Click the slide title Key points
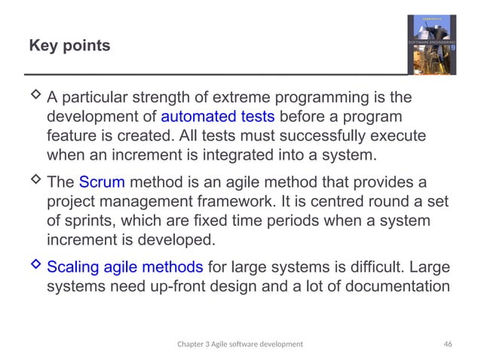[69, 47]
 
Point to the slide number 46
[448, 343]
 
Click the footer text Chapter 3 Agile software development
[240, 343]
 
